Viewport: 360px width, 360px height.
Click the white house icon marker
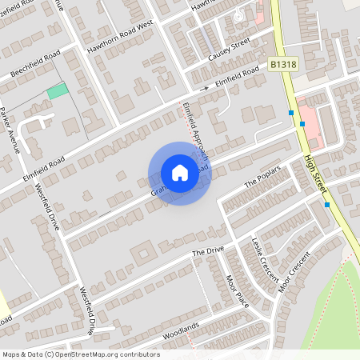click(179, 173)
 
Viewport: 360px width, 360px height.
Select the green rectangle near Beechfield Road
click(57, 91)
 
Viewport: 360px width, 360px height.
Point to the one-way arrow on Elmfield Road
click(205, 88)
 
